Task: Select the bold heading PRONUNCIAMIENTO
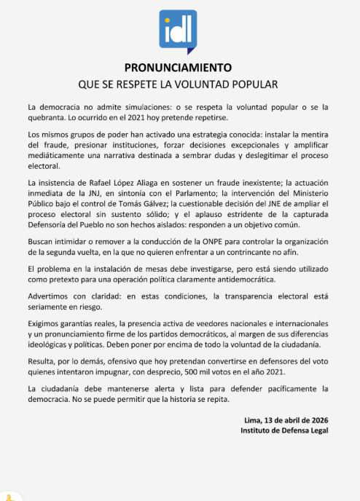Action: [179, 68]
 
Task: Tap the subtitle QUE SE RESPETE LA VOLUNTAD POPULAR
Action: [179, 82]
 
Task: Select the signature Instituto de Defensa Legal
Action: [284, 431]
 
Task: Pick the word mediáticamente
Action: [60, 155]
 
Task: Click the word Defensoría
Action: [51, 221]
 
